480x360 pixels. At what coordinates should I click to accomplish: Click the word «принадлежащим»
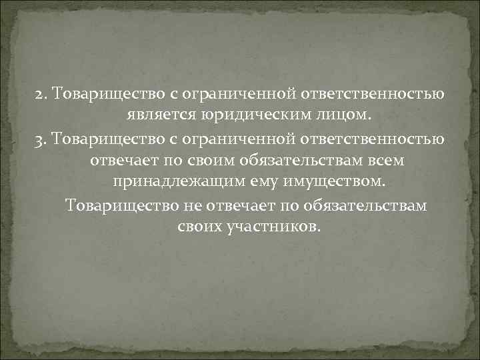pos(163,182)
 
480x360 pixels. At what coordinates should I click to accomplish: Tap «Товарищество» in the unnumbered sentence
pos(121,205)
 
